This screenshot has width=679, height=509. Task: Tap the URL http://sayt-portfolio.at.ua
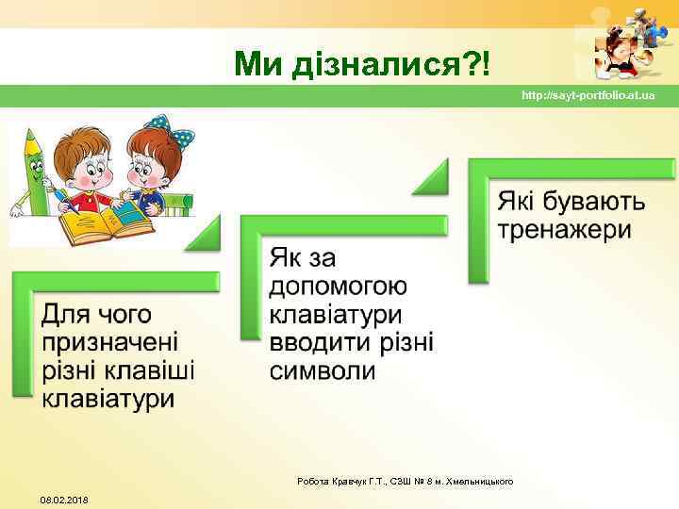588,96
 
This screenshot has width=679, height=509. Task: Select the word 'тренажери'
564,230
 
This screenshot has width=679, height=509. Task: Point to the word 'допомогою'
338,286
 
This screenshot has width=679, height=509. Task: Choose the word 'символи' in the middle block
323,371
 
